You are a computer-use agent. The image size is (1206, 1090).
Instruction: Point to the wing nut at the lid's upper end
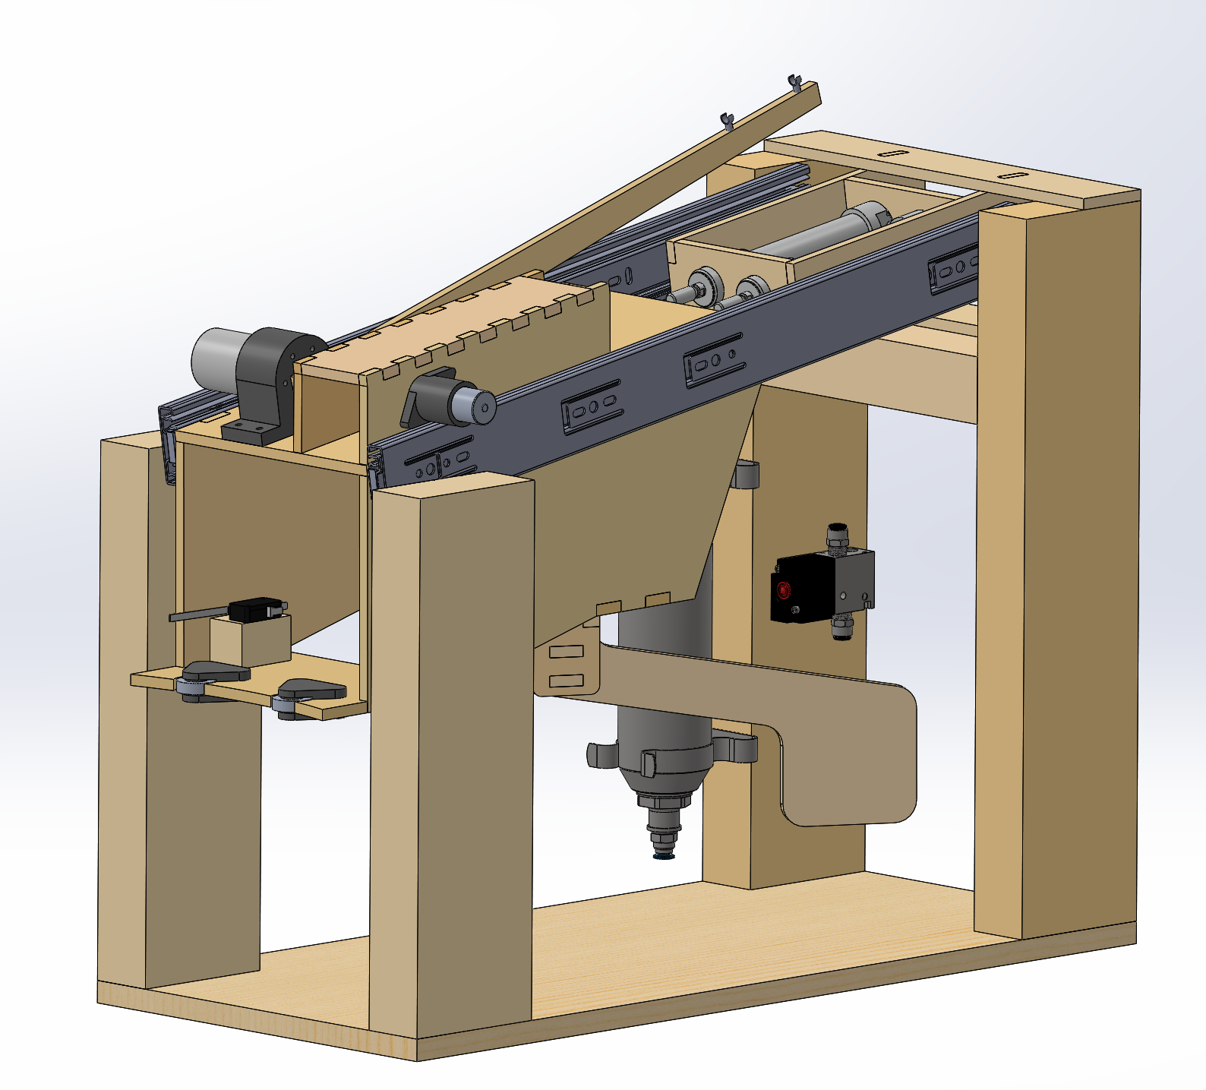coord(796,81)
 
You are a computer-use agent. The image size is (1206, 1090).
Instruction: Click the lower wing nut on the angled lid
coord(728,119)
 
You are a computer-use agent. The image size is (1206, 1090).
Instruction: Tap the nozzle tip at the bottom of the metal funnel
coord(665,854)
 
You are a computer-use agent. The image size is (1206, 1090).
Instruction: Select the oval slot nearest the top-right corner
coord(1012,175)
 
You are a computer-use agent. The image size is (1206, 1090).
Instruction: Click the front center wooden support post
coord(452,760)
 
